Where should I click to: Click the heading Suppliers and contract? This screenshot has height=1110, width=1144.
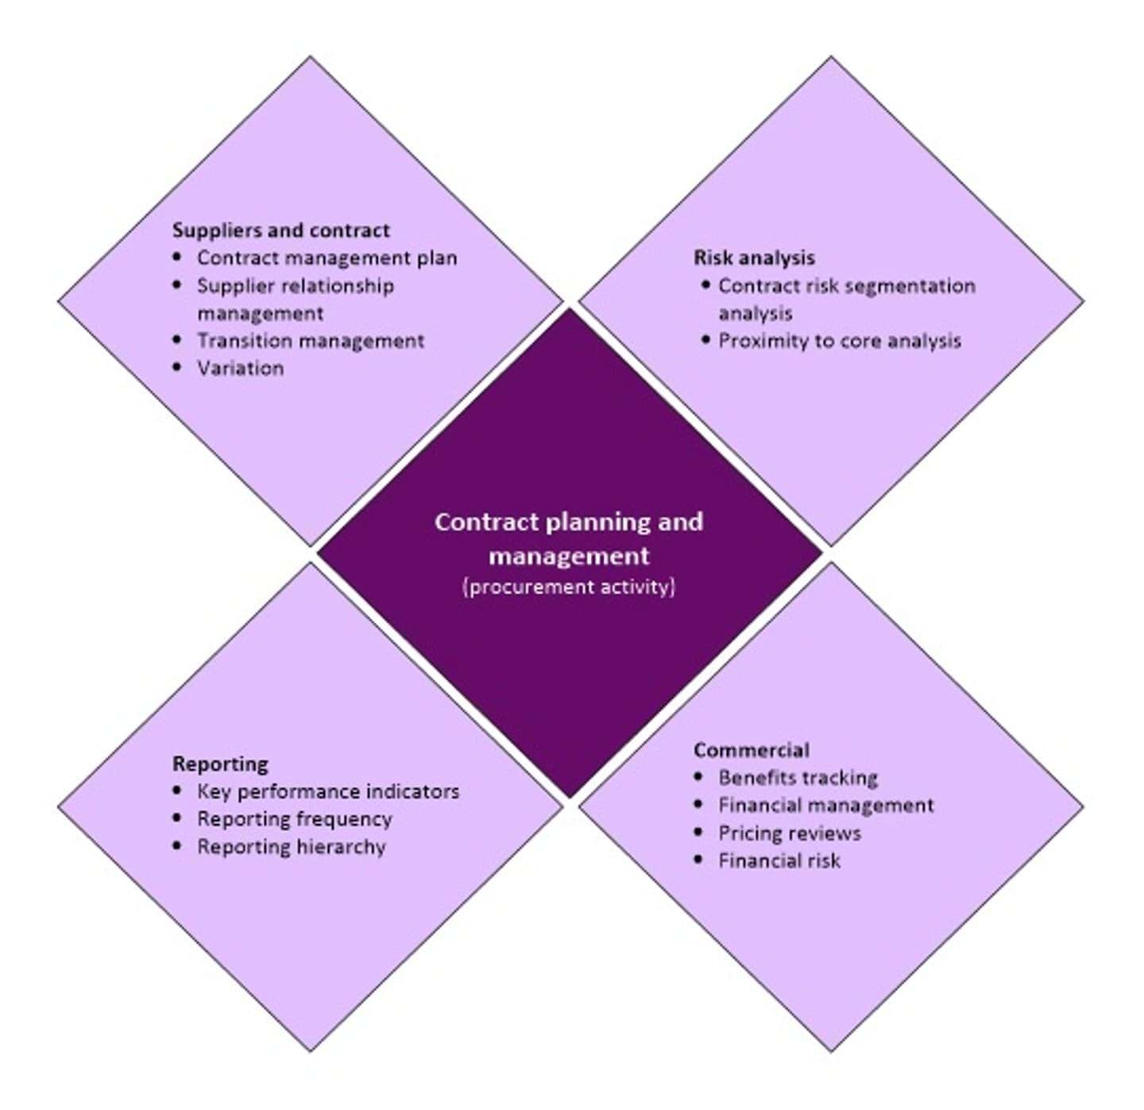(280, 230)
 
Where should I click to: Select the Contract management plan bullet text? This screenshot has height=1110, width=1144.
(327, 258)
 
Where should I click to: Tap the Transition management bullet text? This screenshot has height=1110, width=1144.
(311, 341)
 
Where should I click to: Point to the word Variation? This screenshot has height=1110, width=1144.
(240, 368)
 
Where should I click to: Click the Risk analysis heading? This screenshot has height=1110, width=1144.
(754, 257)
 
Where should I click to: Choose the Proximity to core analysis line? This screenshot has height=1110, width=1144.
(840, 341)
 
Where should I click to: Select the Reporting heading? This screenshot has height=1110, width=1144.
(220, 764)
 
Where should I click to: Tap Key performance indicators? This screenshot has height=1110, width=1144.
(328, 791)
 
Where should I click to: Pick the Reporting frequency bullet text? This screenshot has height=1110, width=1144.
(295, 819)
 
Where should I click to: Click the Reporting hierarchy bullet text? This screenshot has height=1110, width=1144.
(292, 847)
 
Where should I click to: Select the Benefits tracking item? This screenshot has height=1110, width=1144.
(798, 777)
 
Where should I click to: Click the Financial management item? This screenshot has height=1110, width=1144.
(826, 805)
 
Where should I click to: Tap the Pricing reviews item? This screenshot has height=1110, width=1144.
(790, 833)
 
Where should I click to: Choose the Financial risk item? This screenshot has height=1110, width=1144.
(779, 861)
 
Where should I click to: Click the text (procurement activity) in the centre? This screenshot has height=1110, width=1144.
(569, 587)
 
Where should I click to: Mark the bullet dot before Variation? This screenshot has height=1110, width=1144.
(177, 367)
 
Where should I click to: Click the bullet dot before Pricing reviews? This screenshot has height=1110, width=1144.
(698, 832)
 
